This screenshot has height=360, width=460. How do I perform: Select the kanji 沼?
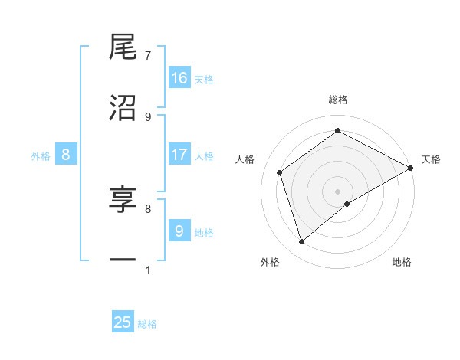click(123, 108)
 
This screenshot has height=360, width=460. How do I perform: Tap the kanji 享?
click(123, 199)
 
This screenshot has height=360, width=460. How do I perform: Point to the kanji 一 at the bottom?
click(123, 261)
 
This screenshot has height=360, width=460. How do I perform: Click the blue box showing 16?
click(179, 77)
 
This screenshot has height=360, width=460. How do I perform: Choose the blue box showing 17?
click(179, 155)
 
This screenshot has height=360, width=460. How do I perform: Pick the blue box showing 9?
click(179, 231)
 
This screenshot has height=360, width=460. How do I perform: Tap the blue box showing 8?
click(66, 155)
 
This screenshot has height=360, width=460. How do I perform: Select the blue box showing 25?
click(123, 322)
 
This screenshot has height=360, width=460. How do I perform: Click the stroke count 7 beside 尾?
click(148, 56)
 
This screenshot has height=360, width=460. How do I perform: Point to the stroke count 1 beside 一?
click(148, 270)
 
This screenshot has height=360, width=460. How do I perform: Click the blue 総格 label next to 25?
click(147, 324)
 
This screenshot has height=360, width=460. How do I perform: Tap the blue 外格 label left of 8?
click(41, 156)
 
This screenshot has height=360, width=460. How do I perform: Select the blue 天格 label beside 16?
click(204, 79)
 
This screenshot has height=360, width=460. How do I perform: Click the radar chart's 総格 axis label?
click(338, 100)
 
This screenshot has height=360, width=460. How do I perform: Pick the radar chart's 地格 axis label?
click(402, 262)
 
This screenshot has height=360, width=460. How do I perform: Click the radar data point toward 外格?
click(301, 242)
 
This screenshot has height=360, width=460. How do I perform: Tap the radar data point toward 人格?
click(280, 172)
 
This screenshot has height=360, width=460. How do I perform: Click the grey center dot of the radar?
click(338, 191)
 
